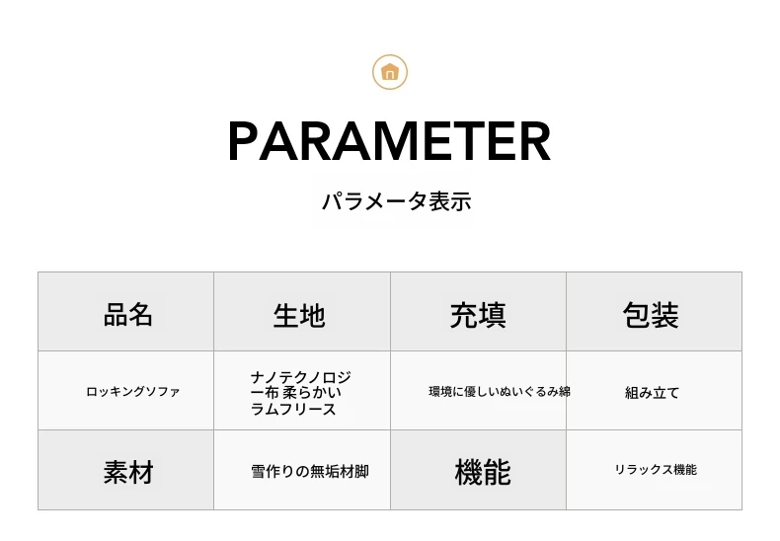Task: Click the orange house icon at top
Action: pos(390,72)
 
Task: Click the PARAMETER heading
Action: pos(389,141)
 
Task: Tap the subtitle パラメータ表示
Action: pos(397,201)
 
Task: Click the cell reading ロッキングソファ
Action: pos(133,392)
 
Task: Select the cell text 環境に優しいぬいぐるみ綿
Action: pos(500,392)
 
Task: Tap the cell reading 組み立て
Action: pos(653,393)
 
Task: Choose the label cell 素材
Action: pos(128,472)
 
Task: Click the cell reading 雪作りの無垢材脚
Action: pos(310,471)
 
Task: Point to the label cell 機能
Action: pos(483,472)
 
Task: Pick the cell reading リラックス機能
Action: pos(656,469)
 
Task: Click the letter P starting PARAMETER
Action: pos(242,141)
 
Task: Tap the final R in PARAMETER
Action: pos(536,141)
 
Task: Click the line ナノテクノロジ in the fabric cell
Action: pos(301,377)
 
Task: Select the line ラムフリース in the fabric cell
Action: pos(293,410)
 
